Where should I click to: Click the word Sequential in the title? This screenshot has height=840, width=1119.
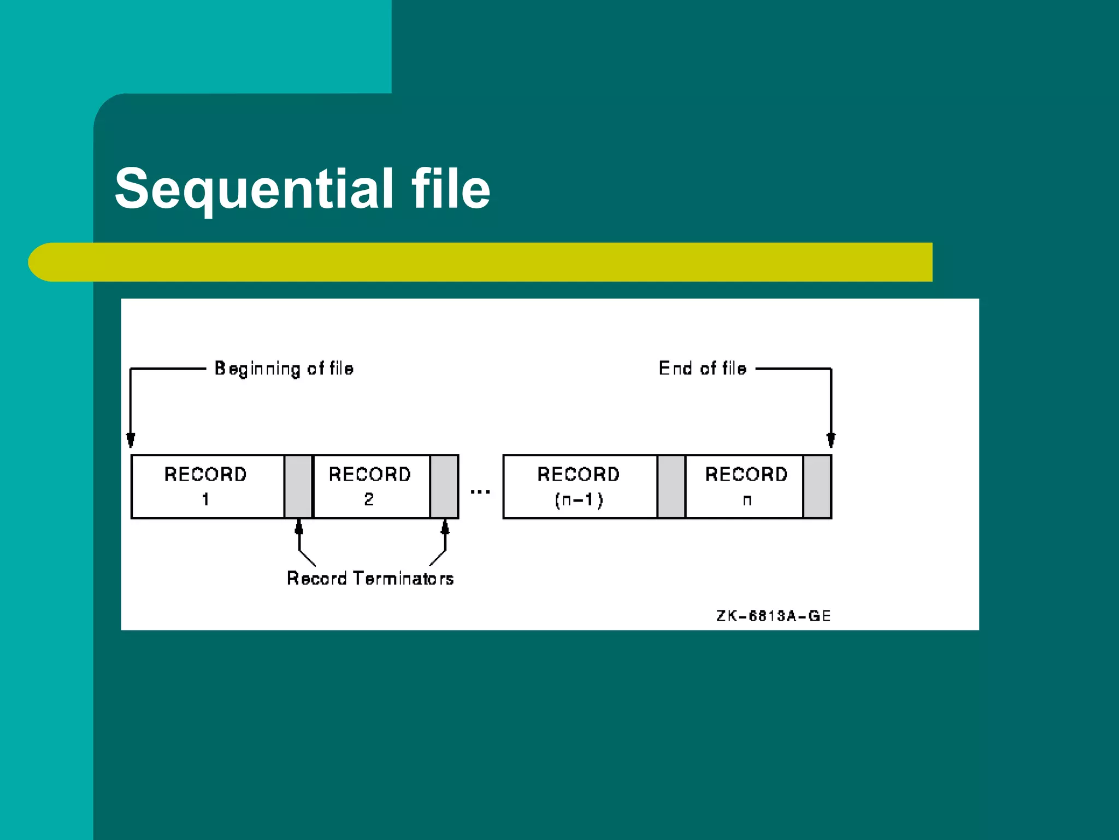254,189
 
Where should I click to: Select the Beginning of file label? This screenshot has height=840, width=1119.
284,369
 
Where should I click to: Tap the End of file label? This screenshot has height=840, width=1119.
702,369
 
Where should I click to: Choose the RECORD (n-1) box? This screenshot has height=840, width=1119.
579,486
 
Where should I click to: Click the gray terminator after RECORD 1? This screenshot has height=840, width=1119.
298,486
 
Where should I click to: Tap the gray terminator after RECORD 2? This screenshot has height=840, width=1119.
444,486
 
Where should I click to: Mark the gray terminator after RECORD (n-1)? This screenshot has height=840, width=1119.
671,486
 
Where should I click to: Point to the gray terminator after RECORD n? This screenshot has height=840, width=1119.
817,486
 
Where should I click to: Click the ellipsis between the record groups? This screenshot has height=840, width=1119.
480,492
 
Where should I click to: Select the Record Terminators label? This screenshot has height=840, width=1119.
370,579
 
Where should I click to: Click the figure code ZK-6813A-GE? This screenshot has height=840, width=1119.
773,616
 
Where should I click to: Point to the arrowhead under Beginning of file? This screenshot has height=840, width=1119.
131,440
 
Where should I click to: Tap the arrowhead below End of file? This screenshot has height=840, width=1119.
831,440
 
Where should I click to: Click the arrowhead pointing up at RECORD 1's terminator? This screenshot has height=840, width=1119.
299,527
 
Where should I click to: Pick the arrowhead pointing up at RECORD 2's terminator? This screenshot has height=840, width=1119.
445,527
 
